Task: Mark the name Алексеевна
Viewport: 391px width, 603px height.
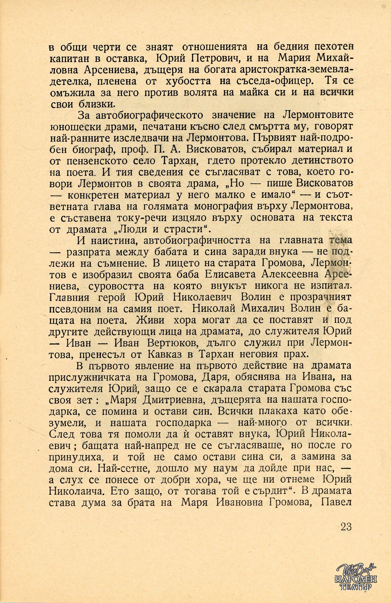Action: (290, 274)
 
